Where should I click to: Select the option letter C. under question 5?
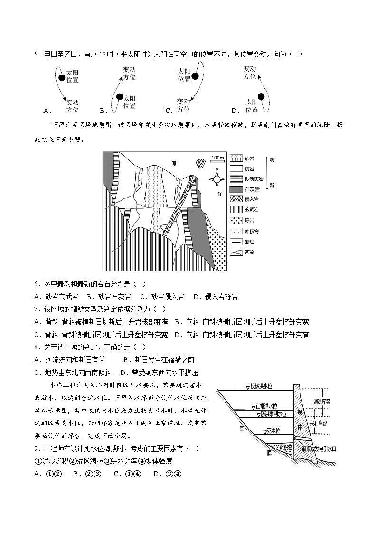(169, 111)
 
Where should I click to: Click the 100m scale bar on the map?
(217, 159)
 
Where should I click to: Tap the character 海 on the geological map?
(174, 163)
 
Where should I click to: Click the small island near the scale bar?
(201, 162)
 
